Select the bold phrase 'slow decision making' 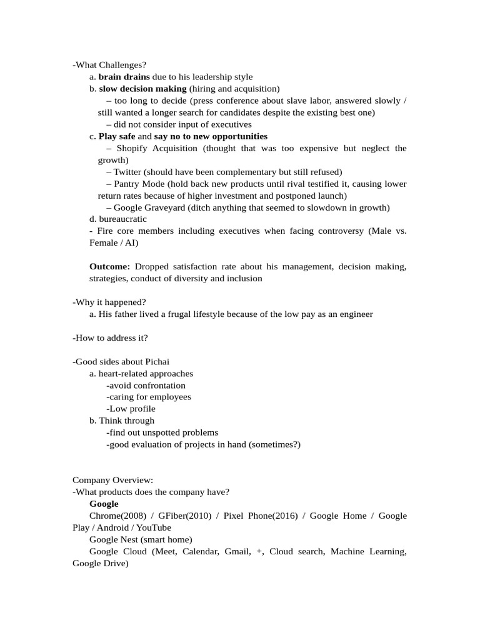coord(142,89)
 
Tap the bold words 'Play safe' coord(117,136)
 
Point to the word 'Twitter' coord(127,172)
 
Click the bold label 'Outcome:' coord(110,267)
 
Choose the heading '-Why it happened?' coord(109,302)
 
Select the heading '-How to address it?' coord(111,338)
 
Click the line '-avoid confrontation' coord(146,386)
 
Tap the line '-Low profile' coord(131,409)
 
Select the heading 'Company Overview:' coord(112,480)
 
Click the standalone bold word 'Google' coord(104,504)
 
